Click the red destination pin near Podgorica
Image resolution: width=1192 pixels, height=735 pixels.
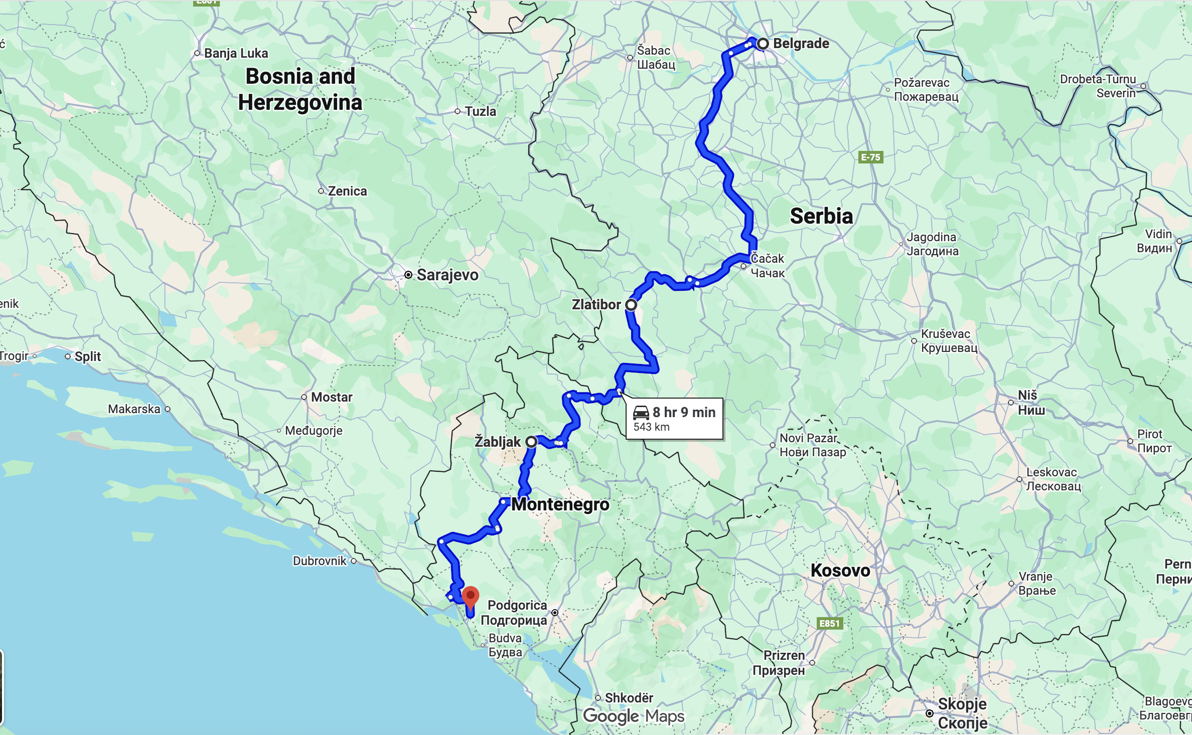click(x=470, y=596)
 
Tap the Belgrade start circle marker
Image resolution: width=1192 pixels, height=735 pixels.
click(x=763, y=44)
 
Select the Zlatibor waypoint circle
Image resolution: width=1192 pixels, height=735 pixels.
click(x=631, y=305)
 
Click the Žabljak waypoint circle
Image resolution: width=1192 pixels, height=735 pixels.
click(x=531, y=442)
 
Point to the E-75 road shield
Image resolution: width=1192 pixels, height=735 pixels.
click(x=870, y=157)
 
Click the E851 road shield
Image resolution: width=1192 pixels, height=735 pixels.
click(x=829, y=623)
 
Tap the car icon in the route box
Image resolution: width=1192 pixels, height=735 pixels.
click(x=641, y=413)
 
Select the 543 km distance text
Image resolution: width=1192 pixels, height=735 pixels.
click(x=651, y=427)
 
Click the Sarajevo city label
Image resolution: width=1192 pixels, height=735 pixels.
click(x=447, y=275)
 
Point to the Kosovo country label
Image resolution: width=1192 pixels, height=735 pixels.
click(x=840, y=571)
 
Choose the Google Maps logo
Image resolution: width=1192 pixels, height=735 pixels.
click(x=633, y=716)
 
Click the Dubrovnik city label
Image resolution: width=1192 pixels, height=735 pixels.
click(x=320, y=561)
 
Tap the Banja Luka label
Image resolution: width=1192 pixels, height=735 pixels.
click(x=236, y=53)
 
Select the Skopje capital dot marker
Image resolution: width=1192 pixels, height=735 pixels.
click(x=930, y=713)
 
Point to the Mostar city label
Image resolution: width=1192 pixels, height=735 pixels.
click(x=331, y=397)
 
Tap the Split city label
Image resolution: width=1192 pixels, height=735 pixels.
click(x=87, y=356)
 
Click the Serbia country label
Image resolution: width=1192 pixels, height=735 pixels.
click(x=821, y=216)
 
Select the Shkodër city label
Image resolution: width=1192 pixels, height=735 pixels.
click(x=629, y=698)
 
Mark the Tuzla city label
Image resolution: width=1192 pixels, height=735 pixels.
click(x=480, y=111)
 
